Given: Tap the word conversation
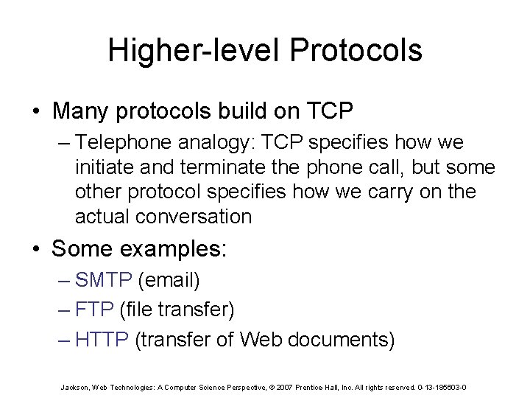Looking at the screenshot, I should tap(190, 217).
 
